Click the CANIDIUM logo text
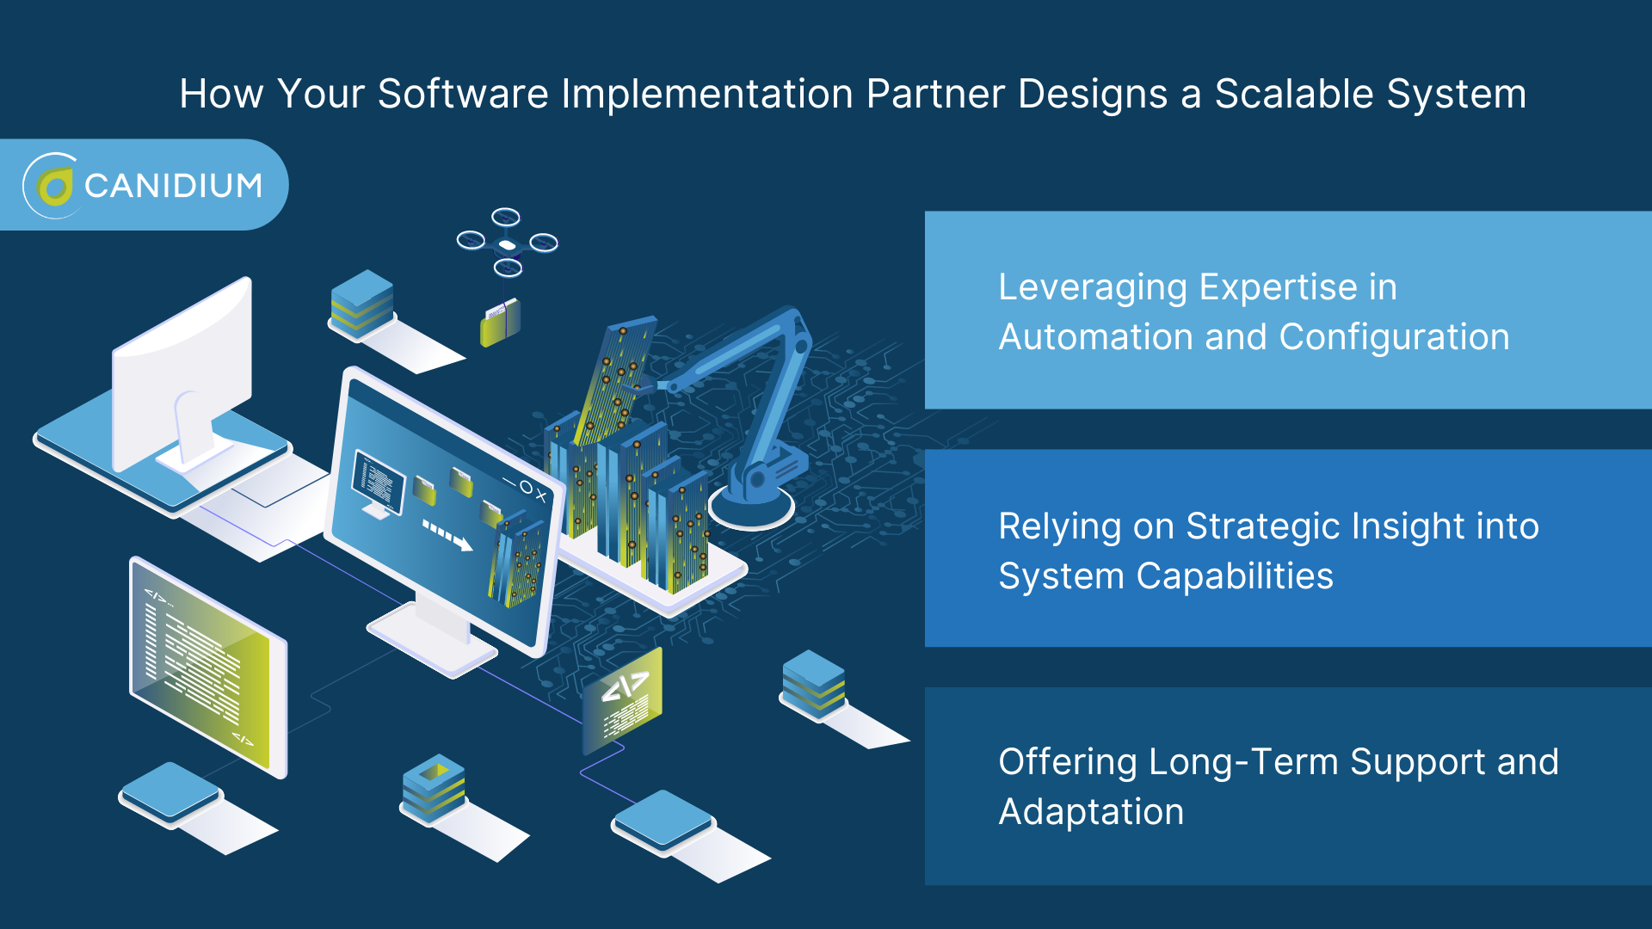173,186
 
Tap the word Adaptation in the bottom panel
1091,812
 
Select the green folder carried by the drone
500,323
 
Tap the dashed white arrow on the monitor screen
447,535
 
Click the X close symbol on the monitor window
540,495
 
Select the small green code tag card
623,698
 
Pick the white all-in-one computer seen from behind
185,378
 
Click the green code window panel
206,667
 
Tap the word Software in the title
463,94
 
